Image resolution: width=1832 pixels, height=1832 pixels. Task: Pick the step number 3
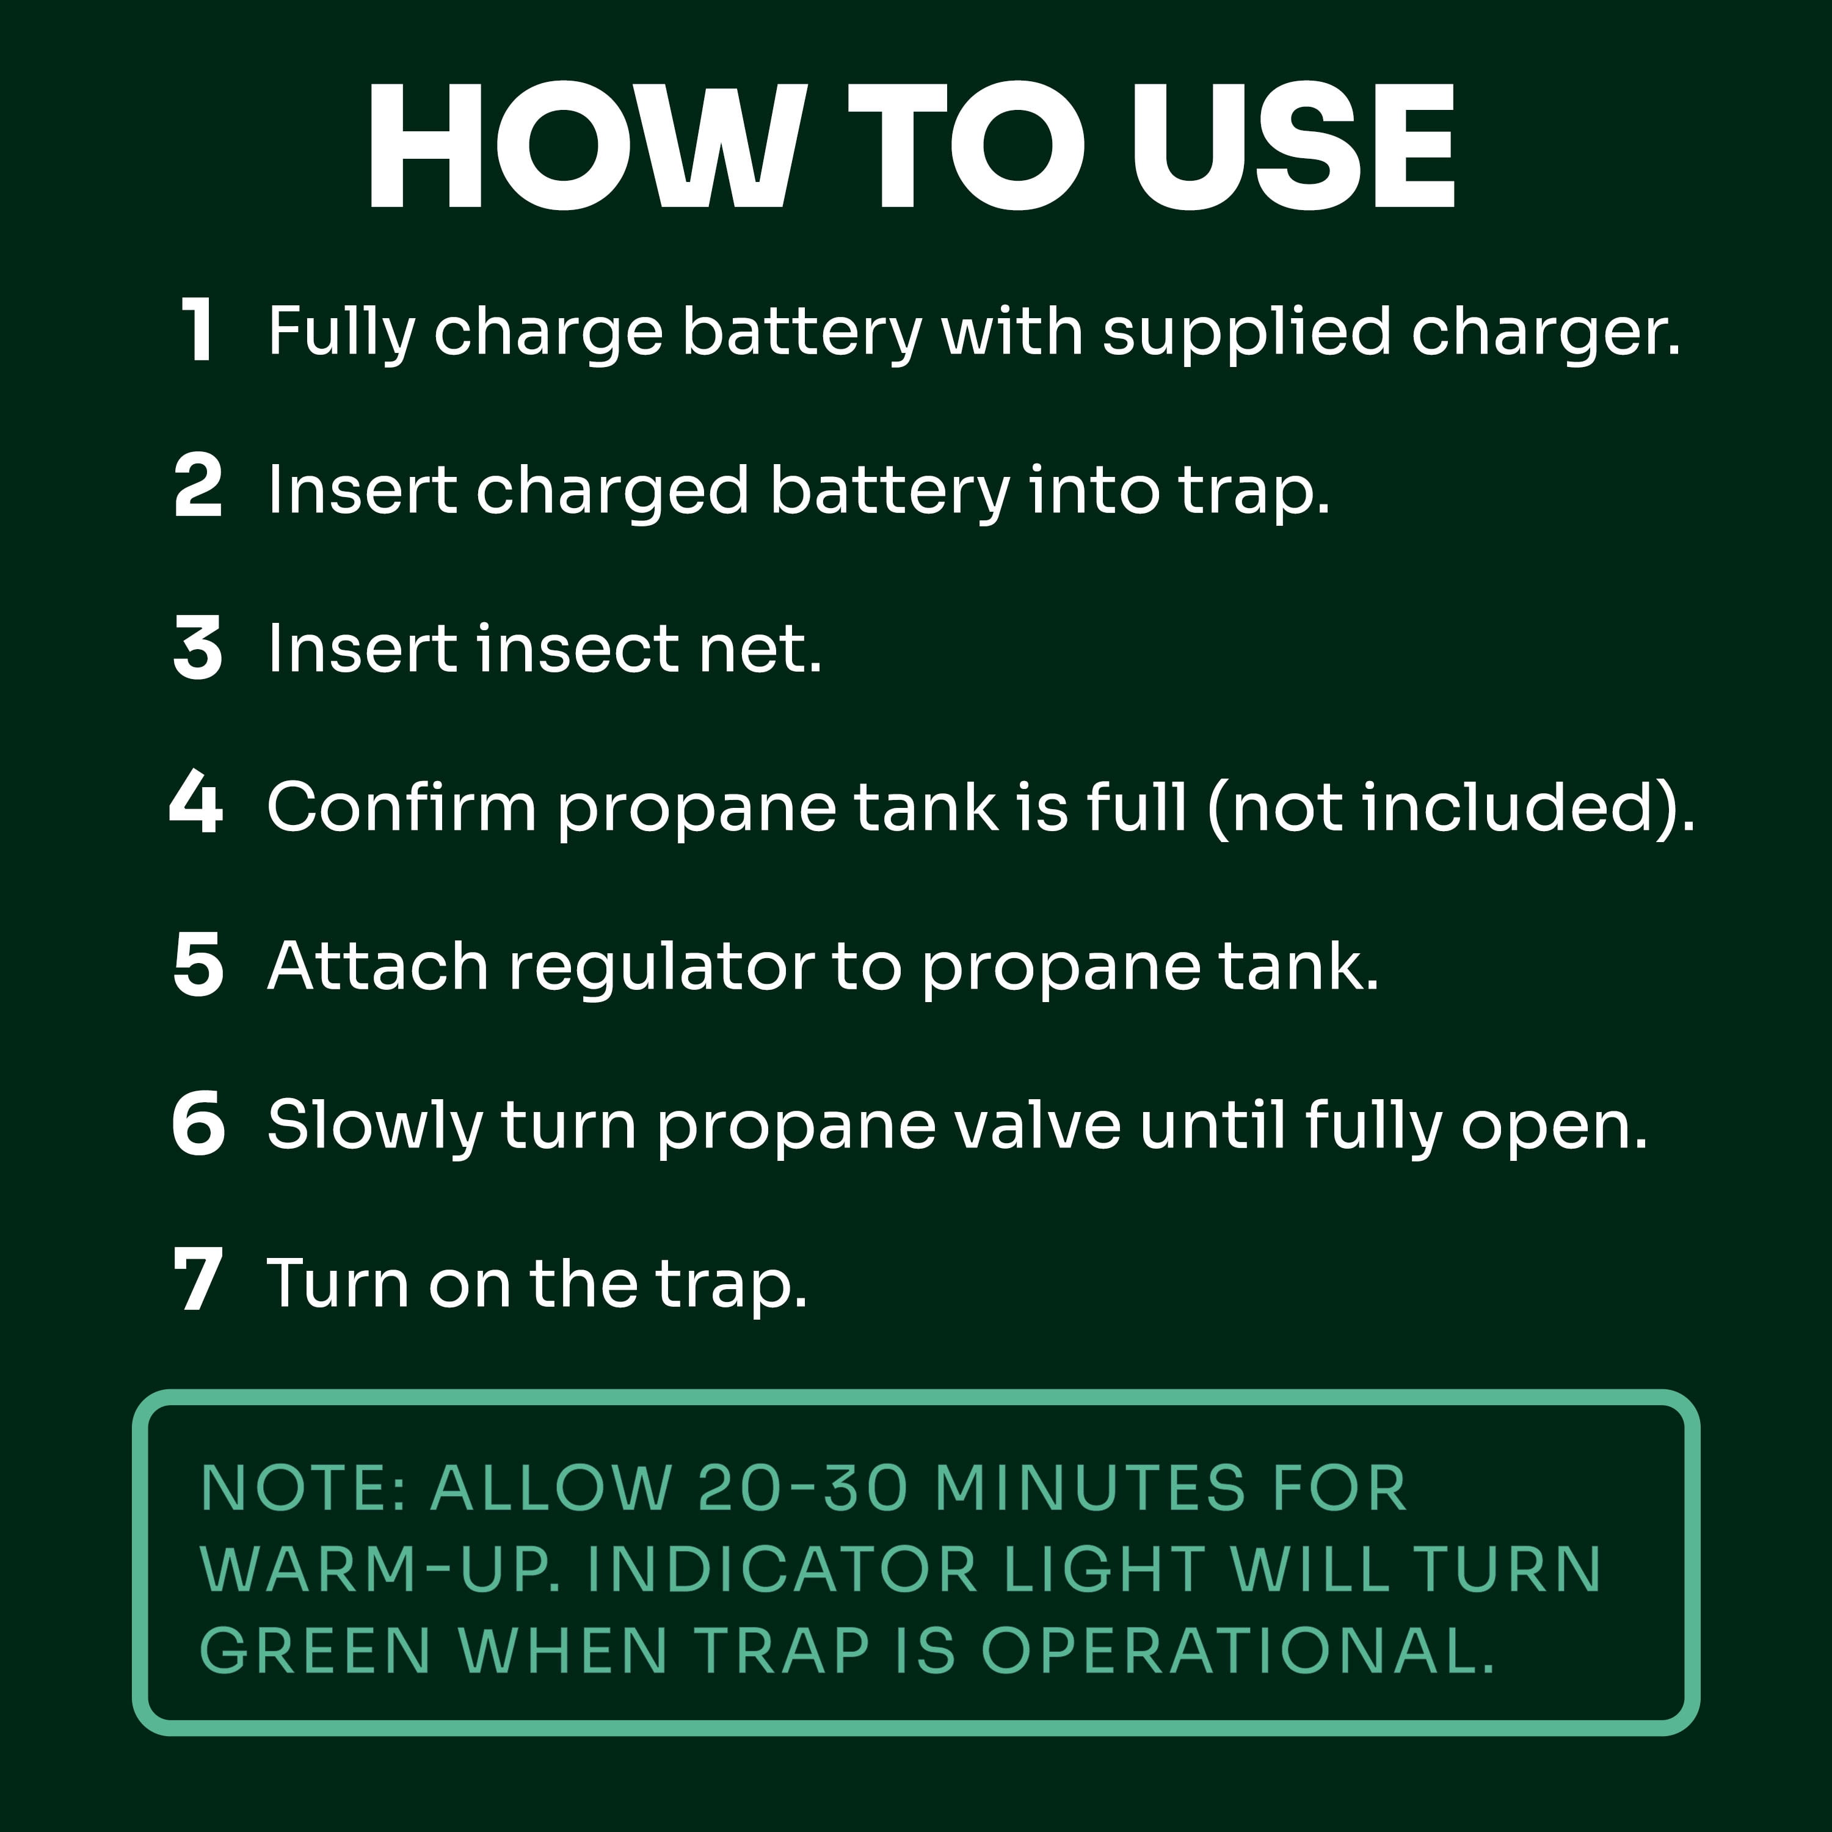coord(197,648)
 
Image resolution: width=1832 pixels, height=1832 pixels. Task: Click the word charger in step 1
coord(1546,335)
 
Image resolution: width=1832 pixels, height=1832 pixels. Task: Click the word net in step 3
coord(760,650)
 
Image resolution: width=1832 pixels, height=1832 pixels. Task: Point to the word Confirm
coord(402,806)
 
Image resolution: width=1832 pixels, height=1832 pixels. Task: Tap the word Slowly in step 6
coord(374,1127)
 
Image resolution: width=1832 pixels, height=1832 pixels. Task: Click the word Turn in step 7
coord(338,1284)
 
